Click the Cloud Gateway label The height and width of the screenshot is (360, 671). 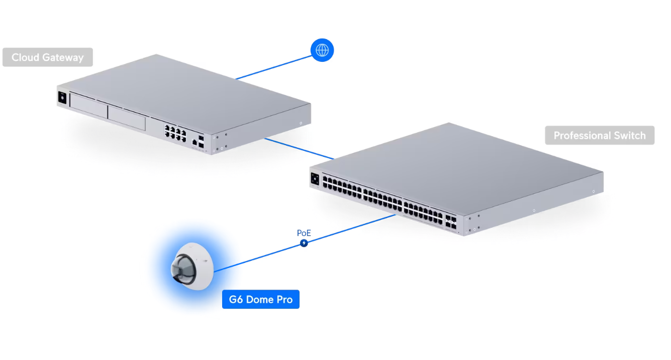tap(47, 57)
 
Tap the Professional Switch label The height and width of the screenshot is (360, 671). tap(599, 135)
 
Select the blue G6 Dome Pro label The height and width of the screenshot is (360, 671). tap(260, 300)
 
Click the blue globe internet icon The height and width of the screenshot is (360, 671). tap(322, 50)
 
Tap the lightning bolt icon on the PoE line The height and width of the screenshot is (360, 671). tap(304, 243)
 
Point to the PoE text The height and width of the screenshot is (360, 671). tap(304, 233)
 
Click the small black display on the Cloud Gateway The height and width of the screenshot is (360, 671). tap(62, 98)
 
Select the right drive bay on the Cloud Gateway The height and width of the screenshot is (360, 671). tap(127, 116)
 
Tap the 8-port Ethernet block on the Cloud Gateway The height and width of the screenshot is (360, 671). tap(174, 131)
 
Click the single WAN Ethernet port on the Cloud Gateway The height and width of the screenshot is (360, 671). tap(194, 143)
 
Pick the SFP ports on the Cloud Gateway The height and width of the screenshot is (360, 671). tap(201, 141)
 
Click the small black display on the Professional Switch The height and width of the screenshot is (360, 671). tap(315, 178)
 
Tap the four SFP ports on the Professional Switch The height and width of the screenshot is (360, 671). tap(450, 223)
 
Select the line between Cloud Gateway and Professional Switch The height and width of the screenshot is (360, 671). tap(299, 149)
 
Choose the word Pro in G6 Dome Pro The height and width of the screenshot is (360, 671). tap(284, 300)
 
